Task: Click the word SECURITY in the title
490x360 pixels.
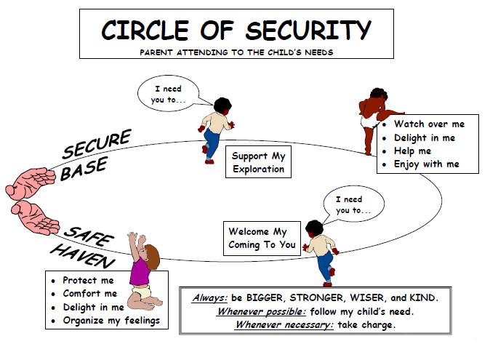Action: coord(308,30)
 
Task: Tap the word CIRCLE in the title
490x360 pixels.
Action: coord(145,30)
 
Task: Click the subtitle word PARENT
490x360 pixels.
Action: coord(156,52)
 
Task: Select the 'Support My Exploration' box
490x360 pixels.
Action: coord(258,162)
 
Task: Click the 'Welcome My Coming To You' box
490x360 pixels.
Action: coord(262,239)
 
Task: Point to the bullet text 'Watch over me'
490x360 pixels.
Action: coord(429,124)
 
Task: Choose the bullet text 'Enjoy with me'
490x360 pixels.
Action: coord(427,164)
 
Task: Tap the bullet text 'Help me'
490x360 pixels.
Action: coord(412,151)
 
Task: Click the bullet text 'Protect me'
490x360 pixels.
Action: coord(88,280)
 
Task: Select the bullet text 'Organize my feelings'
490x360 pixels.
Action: coord(111,321)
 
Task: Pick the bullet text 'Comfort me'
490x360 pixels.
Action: coord(90,293)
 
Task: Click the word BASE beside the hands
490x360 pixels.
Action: coord(84,168)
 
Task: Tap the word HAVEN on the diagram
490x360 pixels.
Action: coord(83,256)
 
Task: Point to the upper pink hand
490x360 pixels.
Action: coord(31,183)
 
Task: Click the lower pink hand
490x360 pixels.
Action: coord(35,217)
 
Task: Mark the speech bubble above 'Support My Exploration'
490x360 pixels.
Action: coord(169,93)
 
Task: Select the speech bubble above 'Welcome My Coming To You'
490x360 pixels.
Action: coord(353,204)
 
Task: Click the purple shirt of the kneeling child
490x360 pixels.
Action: coord(140,271)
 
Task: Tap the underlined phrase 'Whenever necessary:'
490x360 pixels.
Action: coord(284,325)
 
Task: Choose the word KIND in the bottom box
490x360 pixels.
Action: coord(424,297)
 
